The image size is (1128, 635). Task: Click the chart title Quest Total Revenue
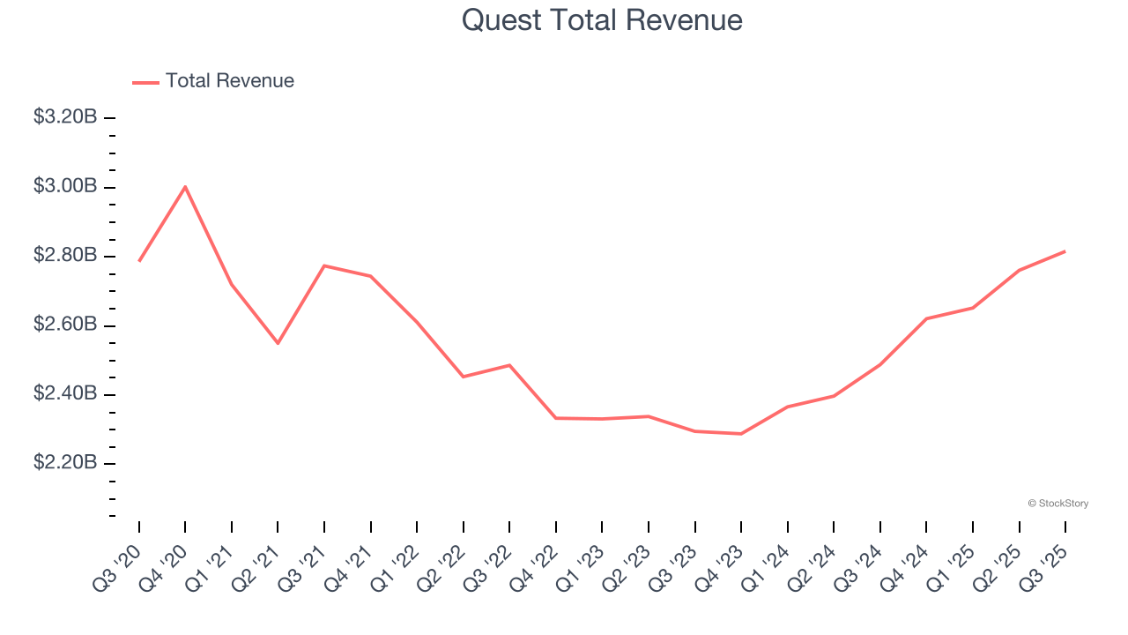(602, 20)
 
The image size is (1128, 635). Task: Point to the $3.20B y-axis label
(65, 117)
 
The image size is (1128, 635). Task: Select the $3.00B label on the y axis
(65, 187)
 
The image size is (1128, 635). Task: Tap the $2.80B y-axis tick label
(65, 256)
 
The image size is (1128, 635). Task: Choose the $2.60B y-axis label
(65, 325)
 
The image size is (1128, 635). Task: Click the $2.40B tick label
(65, 394)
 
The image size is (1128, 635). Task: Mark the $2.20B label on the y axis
(65, 464)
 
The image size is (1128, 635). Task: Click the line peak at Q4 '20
(185, 186)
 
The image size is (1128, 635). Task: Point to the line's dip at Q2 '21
(278, 343)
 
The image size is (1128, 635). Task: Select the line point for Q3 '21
(324, 265)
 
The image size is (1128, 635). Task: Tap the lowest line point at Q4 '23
(741, 434)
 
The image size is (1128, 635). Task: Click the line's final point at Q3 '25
(1065, 251)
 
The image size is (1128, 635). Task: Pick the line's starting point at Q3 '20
(139, 261)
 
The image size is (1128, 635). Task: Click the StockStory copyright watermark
(1057, 504)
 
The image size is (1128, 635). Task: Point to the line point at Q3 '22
(509, 365)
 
